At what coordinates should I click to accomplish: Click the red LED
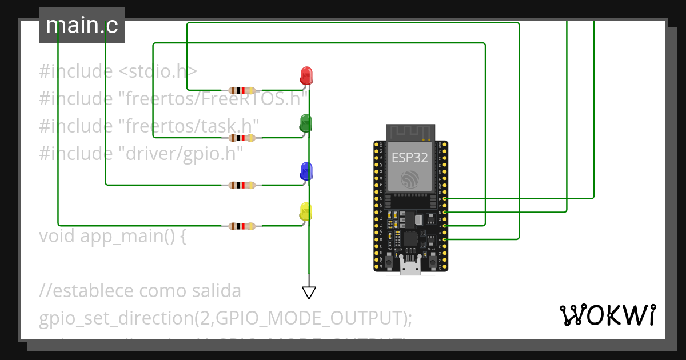(306, 75)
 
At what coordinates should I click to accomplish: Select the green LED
(306, 123)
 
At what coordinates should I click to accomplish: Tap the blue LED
(306, 171)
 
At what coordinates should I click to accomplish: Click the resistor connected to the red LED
(242, 90)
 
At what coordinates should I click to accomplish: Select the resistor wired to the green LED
(242, 138)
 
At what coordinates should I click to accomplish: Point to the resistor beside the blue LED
(242, 185)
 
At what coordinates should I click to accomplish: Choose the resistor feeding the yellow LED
(242, 226)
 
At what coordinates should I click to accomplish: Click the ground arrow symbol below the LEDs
(309, 293)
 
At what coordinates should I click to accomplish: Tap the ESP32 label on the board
(409, 158)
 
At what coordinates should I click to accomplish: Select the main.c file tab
(82, 26)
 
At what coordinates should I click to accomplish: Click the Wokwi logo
(607, 315)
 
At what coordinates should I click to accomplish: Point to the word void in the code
(57, 235)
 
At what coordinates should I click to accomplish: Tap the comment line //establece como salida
(140, 291)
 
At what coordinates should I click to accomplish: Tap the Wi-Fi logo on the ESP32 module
(409, 178)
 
